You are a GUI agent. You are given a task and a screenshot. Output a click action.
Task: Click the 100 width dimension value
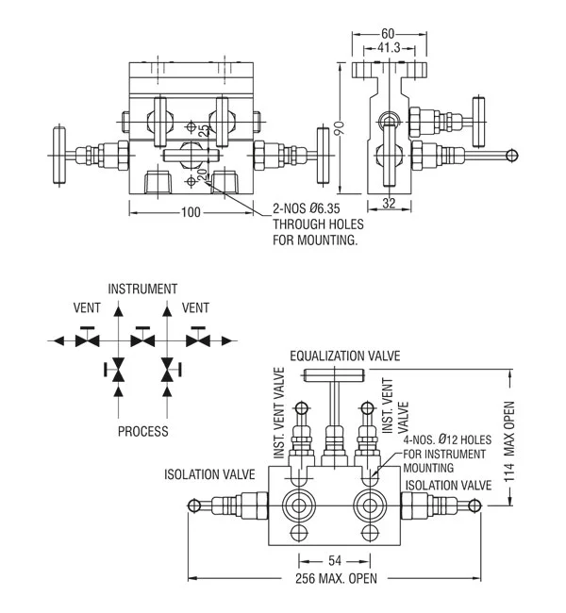click(191, 212)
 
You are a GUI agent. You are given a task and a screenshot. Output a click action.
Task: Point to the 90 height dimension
click(339, 127)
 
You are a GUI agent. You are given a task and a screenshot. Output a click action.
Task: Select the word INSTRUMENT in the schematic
click(142, 289)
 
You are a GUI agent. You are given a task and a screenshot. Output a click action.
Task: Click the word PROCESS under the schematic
click(142, 432)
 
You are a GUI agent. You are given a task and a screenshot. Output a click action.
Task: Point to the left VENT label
click(87, 307)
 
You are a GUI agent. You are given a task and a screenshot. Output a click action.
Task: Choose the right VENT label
click(195, 307)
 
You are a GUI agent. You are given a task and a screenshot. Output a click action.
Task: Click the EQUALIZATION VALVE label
click(344, 356)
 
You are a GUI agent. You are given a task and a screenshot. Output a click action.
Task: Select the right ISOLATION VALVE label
click(448, 485)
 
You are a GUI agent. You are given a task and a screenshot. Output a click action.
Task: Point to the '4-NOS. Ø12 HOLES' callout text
click(444, 439)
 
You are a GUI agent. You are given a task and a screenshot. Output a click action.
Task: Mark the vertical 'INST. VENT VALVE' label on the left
click(280, 413)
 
